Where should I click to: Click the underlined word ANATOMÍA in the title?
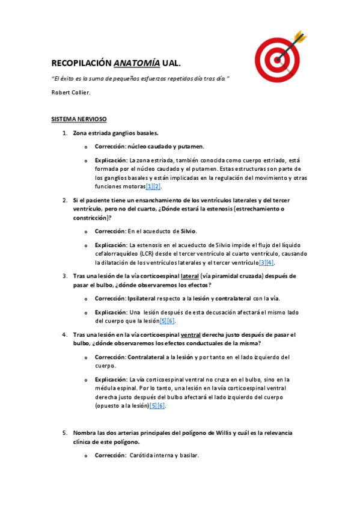pos(136,63)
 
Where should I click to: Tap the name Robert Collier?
pos(71,92)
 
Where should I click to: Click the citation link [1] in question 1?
pos(149,187)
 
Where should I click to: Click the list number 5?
pos(65,432)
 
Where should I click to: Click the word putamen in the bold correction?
pos(192,146)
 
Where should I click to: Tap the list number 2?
pos(65,200)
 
